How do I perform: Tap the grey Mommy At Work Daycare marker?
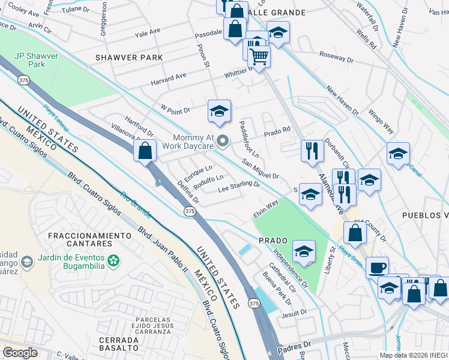[223, 142]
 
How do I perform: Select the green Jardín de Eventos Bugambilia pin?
[113, 261]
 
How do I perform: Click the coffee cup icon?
[377, 268]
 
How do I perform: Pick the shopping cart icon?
[259, 56]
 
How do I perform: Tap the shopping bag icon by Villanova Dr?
[145, 151]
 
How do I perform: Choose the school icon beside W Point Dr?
[220, 111]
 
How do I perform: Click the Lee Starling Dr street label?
[238, 188]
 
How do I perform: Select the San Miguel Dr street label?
[261, 169]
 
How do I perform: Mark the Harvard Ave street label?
[169, 78]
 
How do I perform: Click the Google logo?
[20, 353]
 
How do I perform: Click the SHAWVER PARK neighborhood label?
[128, 58]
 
